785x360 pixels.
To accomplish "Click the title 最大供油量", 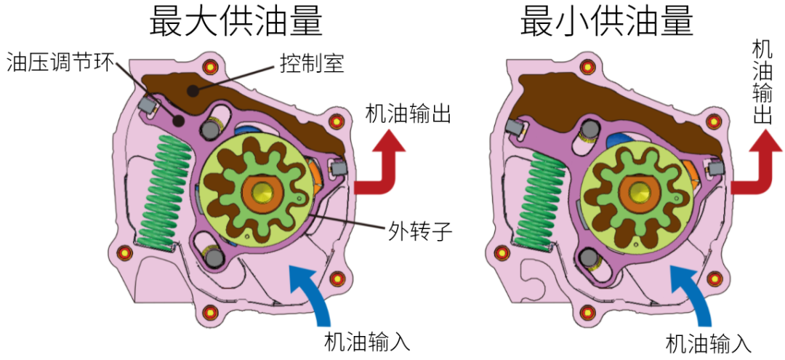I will [x=235, y=22].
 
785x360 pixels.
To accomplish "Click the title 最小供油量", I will [x=606, y=22].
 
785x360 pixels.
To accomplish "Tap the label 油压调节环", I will [x=60, y=63].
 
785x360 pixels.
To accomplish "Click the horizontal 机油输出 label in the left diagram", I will [x=408, y=114].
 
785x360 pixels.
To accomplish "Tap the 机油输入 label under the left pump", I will [x=368, y=341].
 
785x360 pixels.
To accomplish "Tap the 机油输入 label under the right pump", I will [x=709, y=343].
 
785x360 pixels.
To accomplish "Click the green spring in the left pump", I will [x=166, y=192].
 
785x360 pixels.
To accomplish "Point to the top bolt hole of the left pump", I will [x=211, y=68].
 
